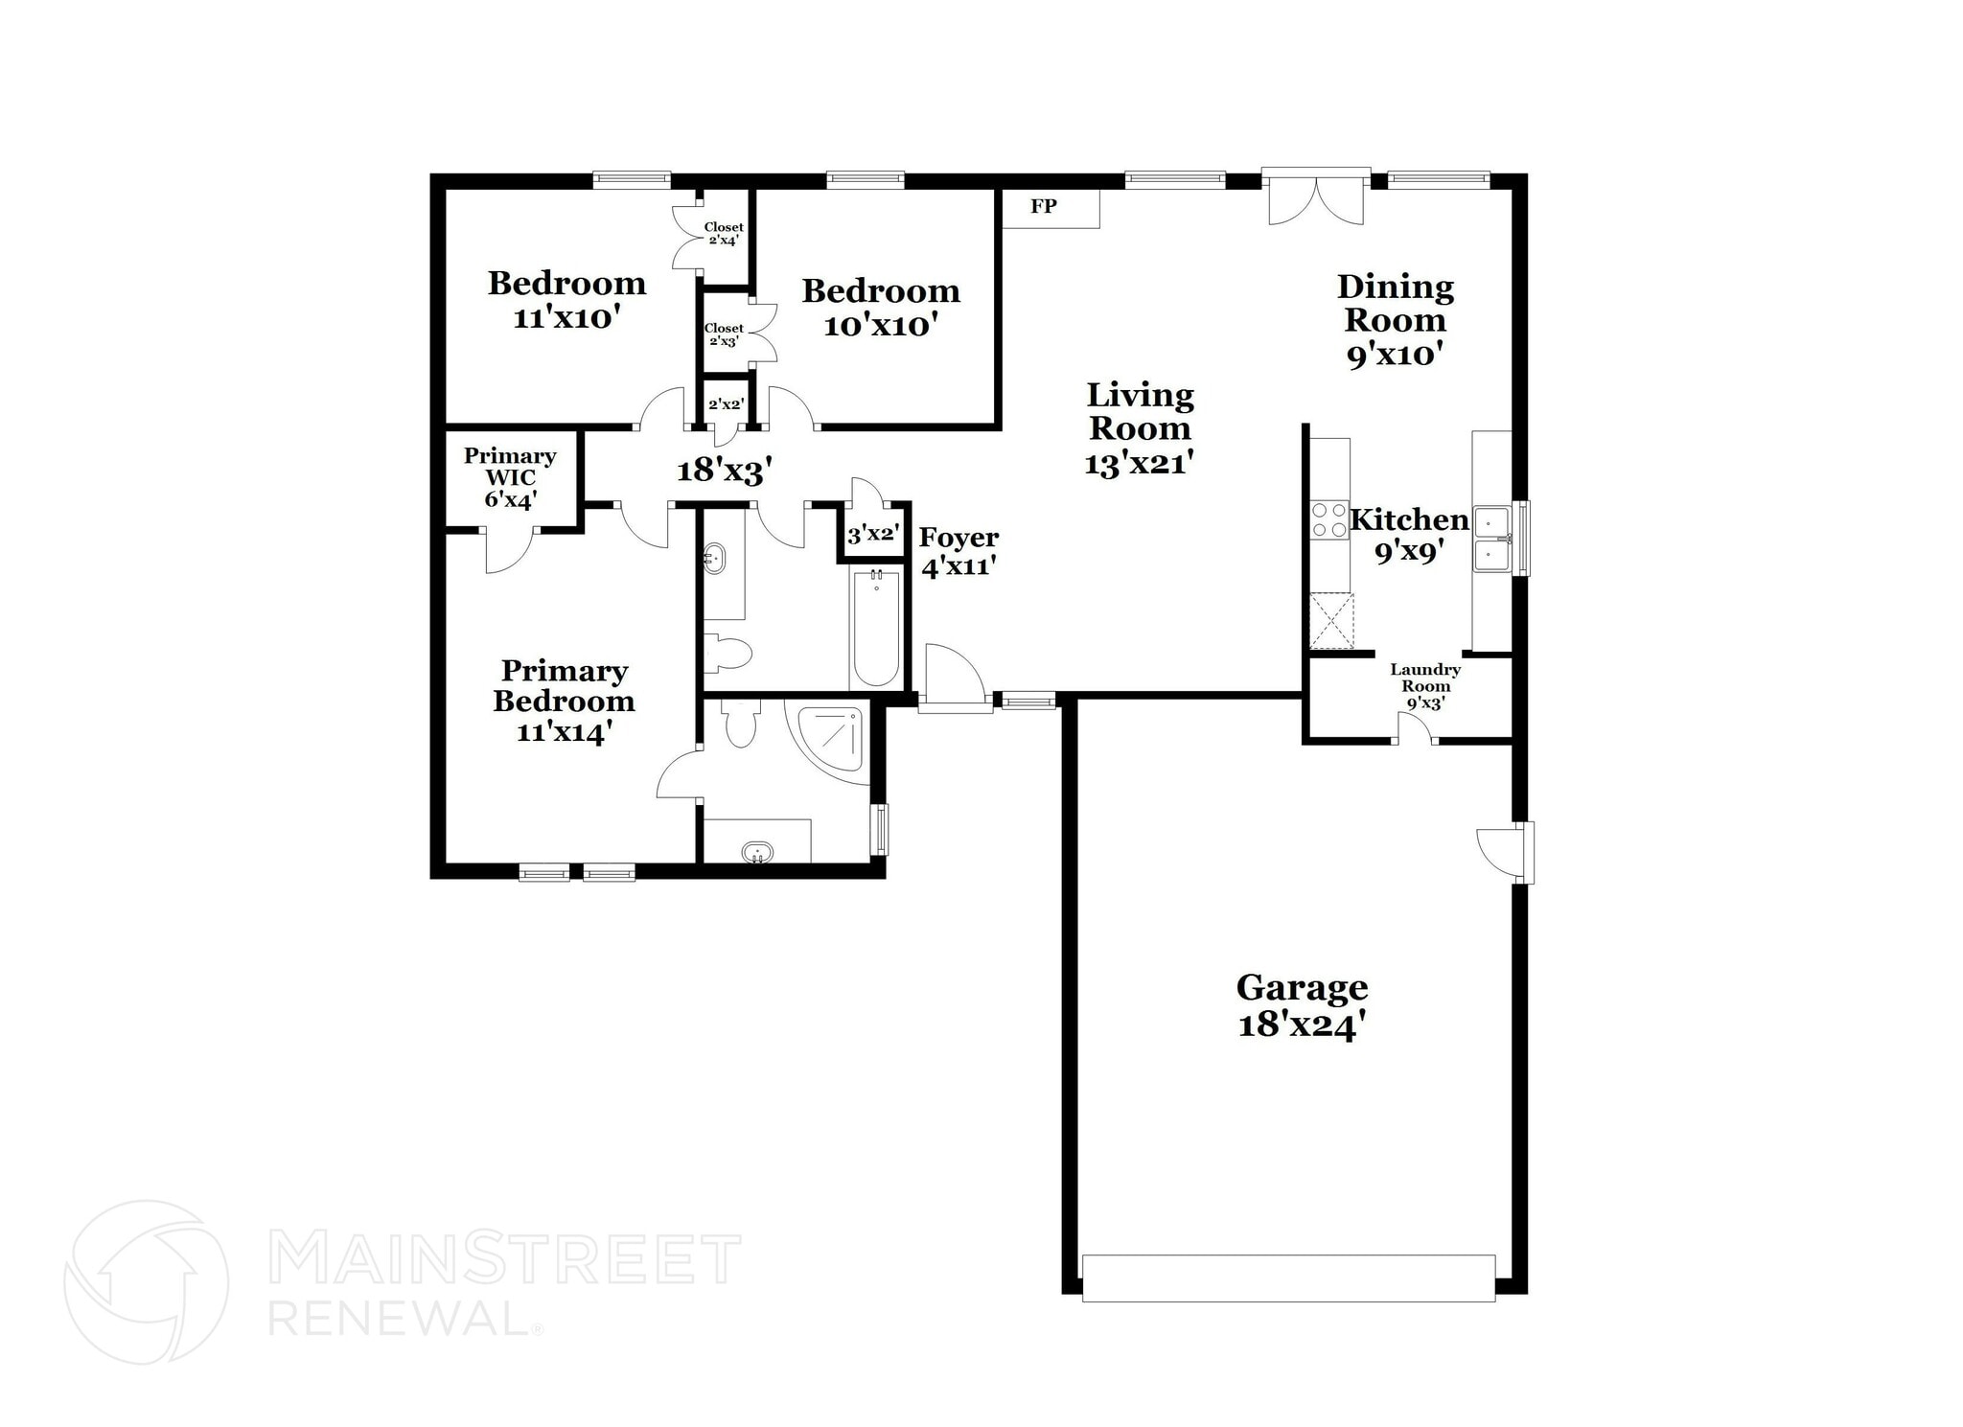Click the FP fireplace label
tap(1044, 206)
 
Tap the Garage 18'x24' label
tap(1302, 1005)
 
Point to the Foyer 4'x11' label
tap(958, 552)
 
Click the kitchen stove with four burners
tap(1329, 520)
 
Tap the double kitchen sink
tap(1492, 540)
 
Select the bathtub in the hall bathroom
tap(876, 627)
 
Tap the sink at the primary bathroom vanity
tap(757, 851)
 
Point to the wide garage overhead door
tap(1288, 1277)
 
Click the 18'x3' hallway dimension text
tap(725, 471)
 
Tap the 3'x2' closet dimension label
tap(871, 534)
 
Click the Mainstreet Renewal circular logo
tap(146, 1281)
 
